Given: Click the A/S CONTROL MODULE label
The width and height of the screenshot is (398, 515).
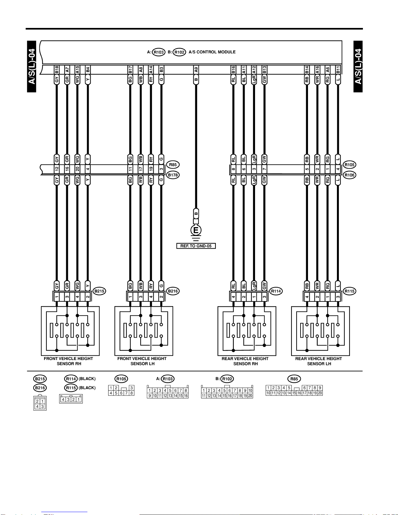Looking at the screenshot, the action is (x=212, y=52).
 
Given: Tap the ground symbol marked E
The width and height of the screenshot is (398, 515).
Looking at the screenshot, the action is (x=196, y=230).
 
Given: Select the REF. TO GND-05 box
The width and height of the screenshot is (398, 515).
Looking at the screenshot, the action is (x=196, y=246).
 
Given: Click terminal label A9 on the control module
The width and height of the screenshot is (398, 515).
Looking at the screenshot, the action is (x=196, y=70).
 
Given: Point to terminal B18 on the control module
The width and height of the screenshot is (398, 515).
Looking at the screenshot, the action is (x=57, y=70).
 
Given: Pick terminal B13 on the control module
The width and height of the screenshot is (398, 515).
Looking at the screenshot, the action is (x=264, y=70).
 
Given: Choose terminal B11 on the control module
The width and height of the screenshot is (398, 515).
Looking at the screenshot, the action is (x=338, y=70).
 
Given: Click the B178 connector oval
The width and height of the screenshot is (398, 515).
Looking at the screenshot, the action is (x=173, y=175).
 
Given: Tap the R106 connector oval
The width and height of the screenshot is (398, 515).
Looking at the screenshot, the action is (x=350, y=175).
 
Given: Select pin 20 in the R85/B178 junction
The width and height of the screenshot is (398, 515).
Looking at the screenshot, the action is (x=77, y=169).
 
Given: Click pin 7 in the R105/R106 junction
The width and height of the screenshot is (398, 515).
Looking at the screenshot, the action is (x=264, y=169).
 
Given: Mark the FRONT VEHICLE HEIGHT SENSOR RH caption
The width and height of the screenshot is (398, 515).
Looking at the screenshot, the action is (x=69, y=361).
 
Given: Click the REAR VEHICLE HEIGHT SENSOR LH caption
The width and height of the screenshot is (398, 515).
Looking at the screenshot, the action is (x=319, y=361).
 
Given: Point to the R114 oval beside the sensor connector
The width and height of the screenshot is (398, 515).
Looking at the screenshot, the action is (x=276, y=291).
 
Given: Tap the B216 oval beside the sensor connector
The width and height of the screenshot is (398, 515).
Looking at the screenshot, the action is (x=173, y=291).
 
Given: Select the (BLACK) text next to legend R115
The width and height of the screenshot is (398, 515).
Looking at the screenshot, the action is (x=87, y=388).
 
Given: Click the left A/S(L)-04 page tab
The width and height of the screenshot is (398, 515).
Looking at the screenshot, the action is (x=32, y=66).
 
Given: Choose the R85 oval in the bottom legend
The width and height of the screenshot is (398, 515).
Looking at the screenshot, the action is (x=294, y=379).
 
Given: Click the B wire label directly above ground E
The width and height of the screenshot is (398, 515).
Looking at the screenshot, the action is (x=196, y=213).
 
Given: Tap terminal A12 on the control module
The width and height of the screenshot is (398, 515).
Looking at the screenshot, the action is (x=254, y=70).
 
